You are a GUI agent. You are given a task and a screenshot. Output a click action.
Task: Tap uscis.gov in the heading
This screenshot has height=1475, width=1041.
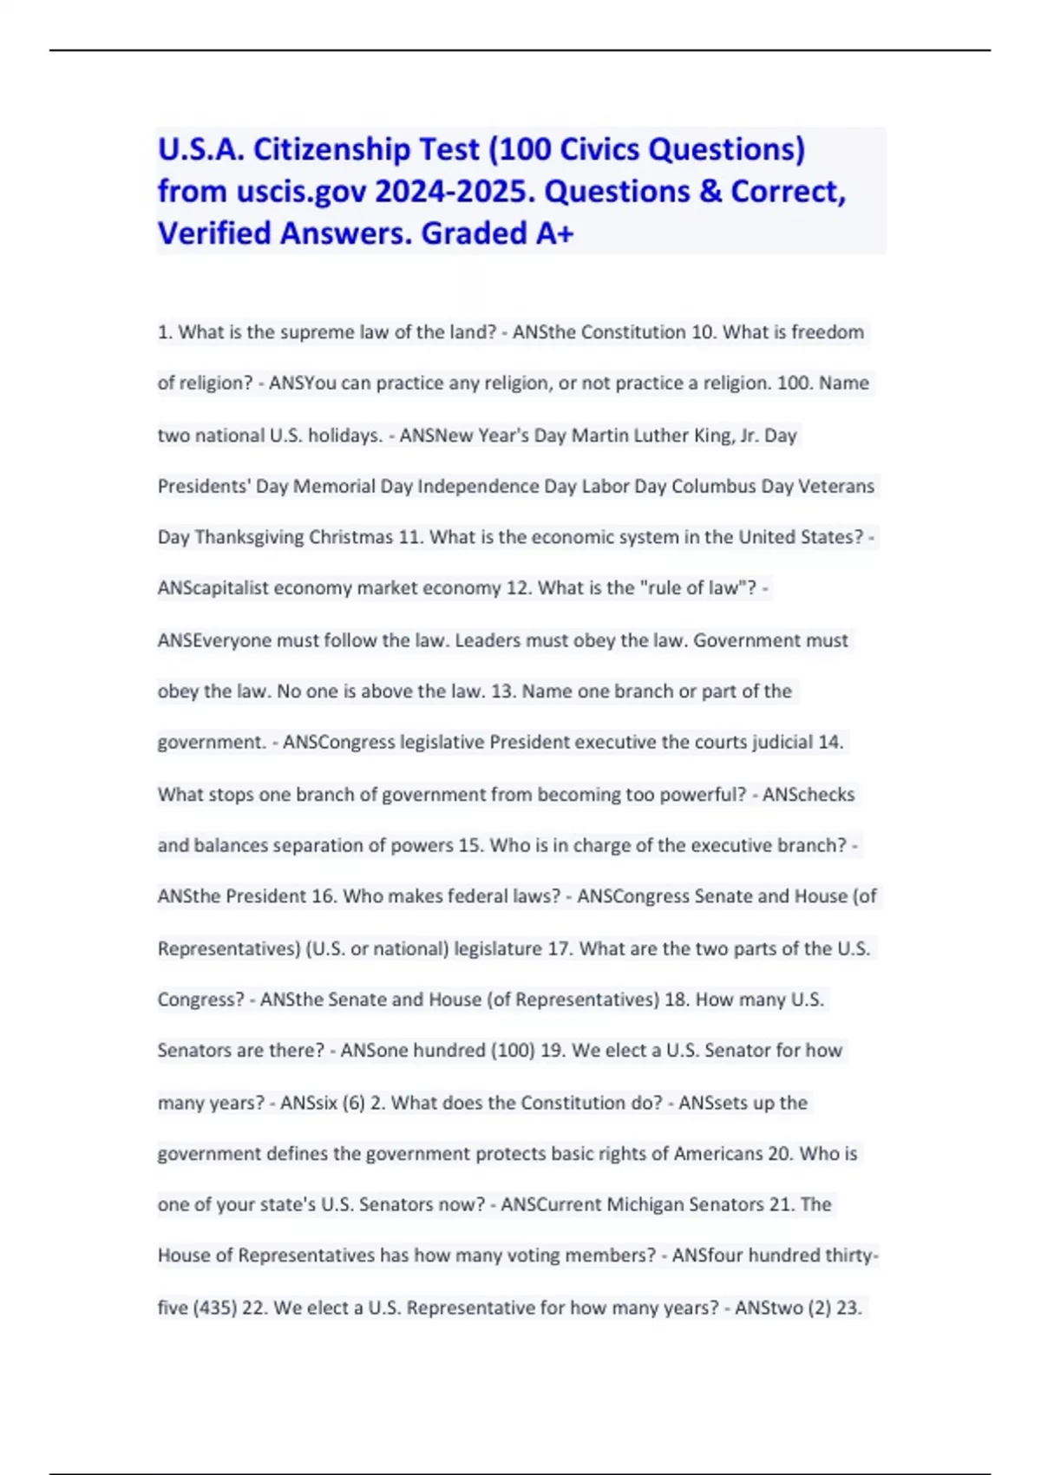[301, 191]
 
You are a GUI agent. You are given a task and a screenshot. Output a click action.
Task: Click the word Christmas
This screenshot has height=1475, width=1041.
[350, 537]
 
